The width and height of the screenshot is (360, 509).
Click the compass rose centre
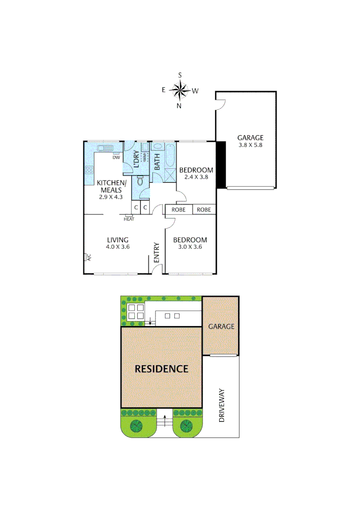[x=180, y=90]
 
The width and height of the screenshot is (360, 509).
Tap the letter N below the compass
[x=179, y=106]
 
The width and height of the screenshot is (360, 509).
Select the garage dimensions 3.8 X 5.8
[x=250, y=145]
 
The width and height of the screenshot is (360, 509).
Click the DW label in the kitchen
[x=116, y=157]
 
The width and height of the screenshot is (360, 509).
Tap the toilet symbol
[x=140, y=181]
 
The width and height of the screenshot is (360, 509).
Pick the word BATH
[x=157, y=162]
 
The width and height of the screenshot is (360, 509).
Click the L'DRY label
[x=136, y=159]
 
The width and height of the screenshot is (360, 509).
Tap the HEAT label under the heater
[x=129, y=219]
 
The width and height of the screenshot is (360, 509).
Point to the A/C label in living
[x=88, y=257]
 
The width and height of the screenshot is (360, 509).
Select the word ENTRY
[x=157, y=253]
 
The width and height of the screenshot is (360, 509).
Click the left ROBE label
[x=178, y=210]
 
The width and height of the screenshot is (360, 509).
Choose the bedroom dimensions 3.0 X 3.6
[x=190, y=246]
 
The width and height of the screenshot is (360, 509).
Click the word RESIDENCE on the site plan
[x=162, y=369]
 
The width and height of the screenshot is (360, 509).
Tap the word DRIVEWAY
[x=221, y=404]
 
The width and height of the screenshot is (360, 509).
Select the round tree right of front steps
[x=187, y=426]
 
